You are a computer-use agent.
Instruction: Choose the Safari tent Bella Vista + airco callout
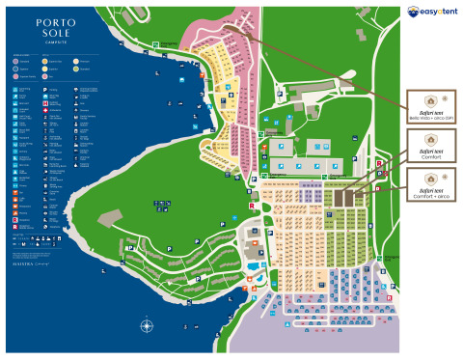pos(430,107)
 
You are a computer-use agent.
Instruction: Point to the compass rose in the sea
pos(146,326)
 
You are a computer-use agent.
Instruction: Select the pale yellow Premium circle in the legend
pos(76,61)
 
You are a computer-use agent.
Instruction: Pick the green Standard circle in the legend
pos(76,69)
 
